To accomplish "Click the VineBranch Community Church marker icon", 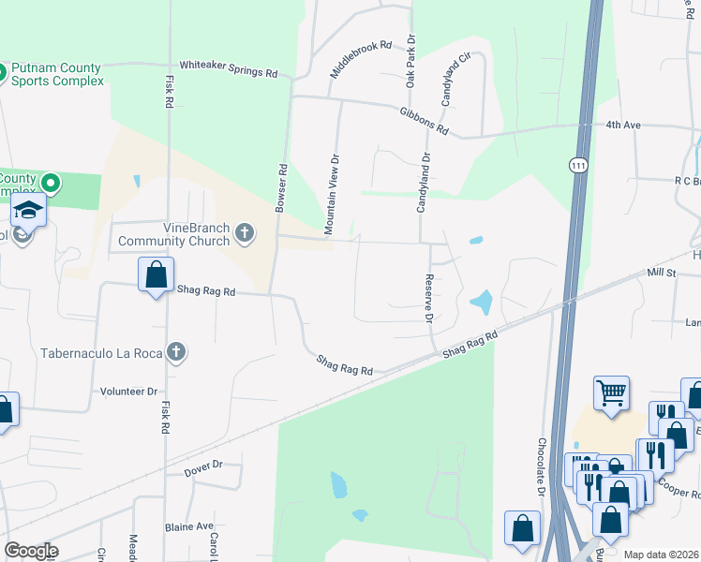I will click(245, 232).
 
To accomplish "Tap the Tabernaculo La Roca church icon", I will click(174, 352).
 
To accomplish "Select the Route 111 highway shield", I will click(577, 164).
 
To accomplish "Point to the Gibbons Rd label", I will click(424, 120).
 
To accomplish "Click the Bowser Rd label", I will click(280, 188).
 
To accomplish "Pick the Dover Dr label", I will click(203, 464).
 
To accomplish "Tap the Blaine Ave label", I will click(189, 526).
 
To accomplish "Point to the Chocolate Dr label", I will click(542, 466).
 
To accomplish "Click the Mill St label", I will click(661, 272).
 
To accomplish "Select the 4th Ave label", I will click(622, 125).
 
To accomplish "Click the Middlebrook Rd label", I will click(360, 59).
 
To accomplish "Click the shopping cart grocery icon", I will click(611, 392).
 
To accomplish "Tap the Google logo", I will click(31, 551).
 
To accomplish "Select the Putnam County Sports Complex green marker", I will click(1, 71).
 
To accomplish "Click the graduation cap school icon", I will click(30, 212).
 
